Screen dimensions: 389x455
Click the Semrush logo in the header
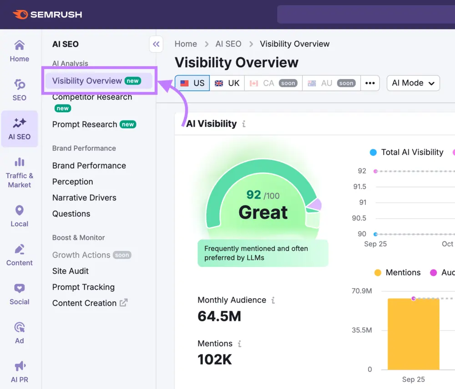48,15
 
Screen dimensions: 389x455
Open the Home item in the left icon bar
20,51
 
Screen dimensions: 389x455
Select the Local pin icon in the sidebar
20,211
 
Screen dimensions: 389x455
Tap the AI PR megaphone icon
20,366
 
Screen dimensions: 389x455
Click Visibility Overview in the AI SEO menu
87,81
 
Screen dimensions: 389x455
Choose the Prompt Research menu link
85,125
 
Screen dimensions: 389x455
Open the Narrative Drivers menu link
84,198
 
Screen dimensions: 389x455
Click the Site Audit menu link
71,271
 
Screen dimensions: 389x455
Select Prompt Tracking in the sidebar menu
83,287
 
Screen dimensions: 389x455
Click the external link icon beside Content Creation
124,303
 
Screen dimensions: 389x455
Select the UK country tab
227,83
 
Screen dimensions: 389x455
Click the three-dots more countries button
370,83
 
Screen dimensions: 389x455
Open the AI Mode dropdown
413,83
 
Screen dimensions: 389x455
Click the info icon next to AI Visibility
244,124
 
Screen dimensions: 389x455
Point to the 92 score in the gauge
254,195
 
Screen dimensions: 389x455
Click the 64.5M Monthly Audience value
219,316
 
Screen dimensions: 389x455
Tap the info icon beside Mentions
239,344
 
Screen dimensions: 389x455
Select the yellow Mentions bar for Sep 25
413,334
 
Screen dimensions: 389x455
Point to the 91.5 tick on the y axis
359,187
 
